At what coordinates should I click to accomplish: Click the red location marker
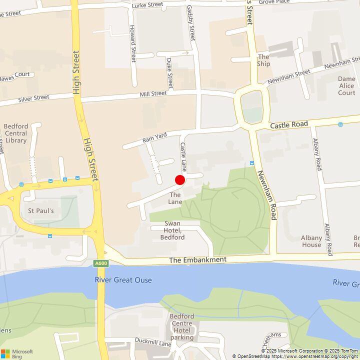tap(180, 180)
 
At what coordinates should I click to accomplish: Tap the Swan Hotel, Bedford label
tap(172, 230)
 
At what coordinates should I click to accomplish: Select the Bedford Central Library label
tap(15, 133)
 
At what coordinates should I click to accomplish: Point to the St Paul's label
tap(40, 210)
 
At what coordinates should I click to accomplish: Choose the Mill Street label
tap(153, 93)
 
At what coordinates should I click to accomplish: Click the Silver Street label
tap(33, 98)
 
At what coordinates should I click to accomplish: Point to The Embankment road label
tap(197, 260)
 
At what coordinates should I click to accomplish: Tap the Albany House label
tap(311, 241)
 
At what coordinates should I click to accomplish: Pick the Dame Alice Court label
tap(346, 85)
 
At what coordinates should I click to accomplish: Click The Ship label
tap(263, 60)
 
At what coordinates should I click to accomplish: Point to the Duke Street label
tap(170, 73)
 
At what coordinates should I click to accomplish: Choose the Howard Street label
tap(132, 43)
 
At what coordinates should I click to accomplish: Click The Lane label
tap(175, 198)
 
